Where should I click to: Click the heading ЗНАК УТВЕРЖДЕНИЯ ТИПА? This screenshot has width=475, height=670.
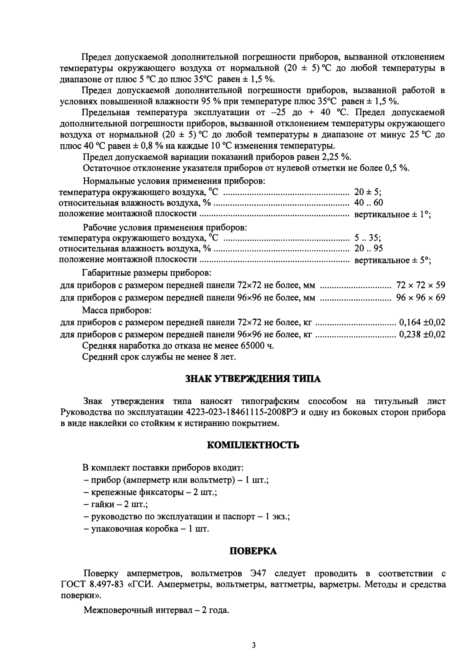(x=252, y=379)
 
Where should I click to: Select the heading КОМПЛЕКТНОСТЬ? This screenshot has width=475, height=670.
(x=252, y=445)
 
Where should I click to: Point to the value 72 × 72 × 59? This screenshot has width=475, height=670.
(x=420, y=285)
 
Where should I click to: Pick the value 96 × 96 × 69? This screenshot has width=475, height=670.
(x=420, y=298)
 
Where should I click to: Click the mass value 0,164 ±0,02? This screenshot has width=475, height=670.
(x=422, y=322)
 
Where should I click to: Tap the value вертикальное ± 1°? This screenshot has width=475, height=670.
(x=392, y=214)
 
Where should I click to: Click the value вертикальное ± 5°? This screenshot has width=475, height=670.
(x=392, y=260)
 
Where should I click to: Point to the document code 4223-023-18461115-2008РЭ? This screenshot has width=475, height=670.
(x=242, y=413)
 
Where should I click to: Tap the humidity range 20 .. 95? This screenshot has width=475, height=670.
(x=368, y=248)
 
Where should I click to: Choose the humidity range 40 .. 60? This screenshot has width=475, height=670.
(x=368, y=203)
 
